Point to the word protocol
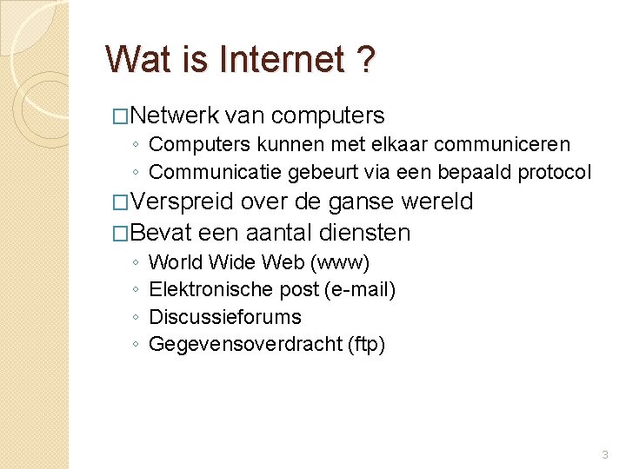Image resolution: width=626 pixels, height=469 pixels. pos(554,172)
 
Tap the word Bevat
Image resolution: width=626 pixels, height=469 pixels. pos(161,233)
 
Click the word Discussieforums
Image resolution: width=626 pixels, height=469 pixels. pos(225,317)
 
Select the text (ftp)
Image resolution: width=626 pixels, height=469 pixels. pos(366,345)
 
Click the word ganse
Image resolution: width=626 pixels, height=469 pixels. pos(360,202)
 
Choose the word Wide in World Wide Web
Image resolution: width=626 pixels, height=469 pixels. pos(229,261)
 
